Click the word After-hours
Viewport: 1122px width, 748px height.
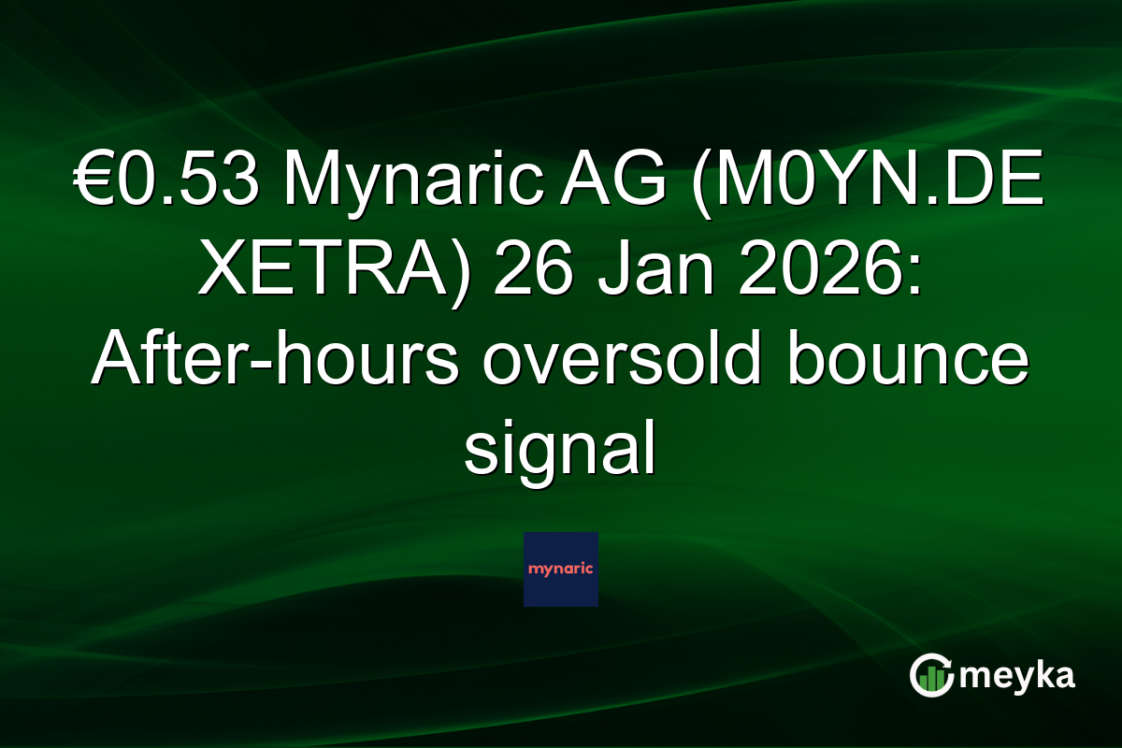pyautogui.click(x=275, y=362)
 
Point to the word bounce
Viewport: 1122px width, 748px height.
pyautogui.click(x=908, y=362)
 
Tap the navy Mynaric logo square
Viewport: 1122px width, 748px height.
pyautogui.click(x=561, y=569)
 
